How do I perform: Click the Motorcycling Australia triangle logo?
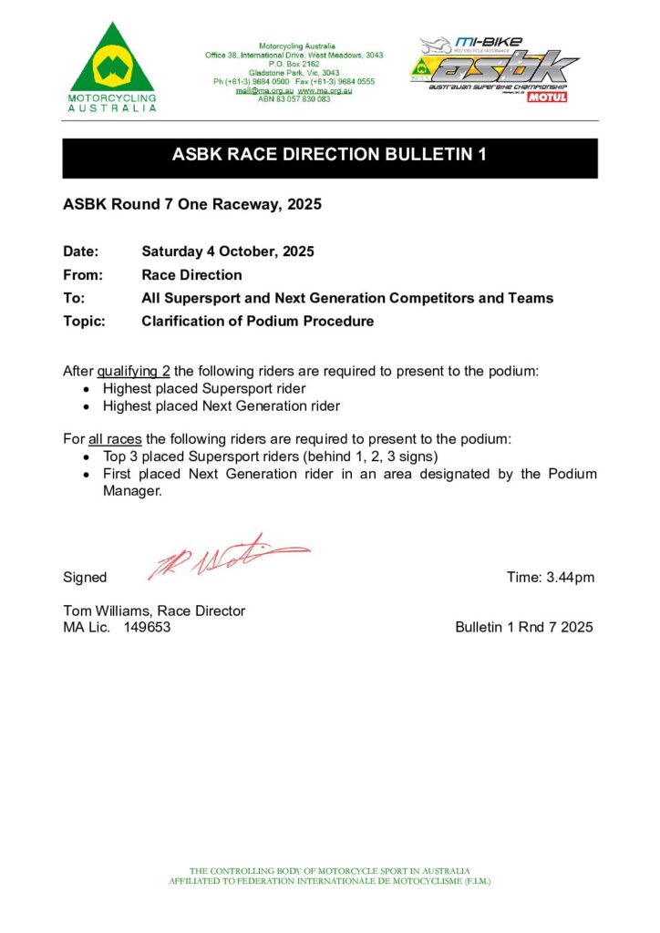(x=112, y=62)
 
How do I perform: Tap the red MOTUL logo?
(x=546, y=97)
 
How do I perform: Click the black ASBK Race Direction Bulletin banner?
(x=329, y=155)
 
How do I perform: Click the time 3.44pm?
(x=551, y=577)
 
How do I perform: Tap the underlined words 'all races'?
(x=115, y=438)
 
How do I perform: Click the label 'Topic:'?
(x=84, y=321)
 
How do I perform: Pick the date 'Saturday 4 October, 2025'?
(x=228, y=251)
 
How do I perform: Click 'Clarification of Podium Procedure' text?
(x=258, y=321)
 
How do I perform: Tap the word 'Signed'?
(x=85, y=578)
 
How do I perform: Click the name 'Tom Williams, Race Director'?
(x=154, y=610)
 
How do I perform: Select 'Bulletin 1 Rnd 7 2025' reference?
(x=524, y=627)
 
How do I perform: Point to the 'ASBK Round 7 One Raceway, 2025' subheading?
(x=191, y=204)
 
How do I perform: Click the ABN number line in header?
(x=294, y=98)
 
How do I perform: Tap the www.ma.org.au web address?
(x=325, y=90)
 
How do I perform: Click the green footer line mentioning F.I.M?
(x=330, y=881)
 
